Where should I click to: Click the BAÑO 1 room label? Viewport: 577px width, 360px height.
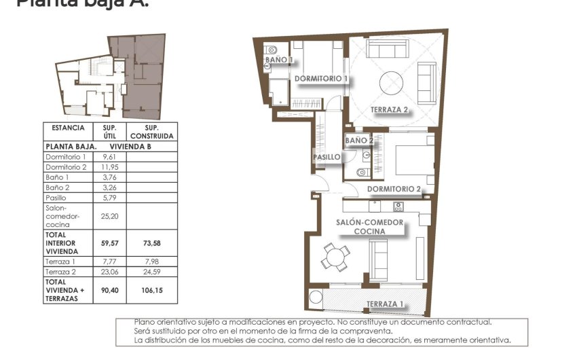point(279,60)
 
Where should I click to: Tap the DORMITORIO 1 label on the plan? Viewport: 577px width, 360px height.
point(321,79)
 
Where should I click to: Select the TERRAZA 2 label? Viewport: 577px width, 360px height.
point(389,109)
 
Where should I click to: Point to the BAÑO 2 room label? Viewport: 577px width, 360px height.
point(359,141)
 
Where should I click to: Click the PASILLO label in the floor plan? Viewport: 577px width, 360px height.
point(327,157)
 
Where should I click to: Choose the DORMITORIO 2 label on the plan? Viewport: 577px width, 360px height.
point(394,189)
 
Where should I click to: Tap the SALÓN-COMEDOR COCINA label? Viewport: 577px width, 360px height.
point(370,227)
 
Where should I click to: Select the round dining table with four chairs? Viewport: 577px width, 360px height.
point(335,256)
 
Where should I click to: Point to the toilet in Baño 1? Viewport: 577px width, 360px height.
point(272,50)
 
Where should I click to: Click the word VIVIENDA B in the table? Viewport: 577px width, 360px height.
point(130,146)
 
